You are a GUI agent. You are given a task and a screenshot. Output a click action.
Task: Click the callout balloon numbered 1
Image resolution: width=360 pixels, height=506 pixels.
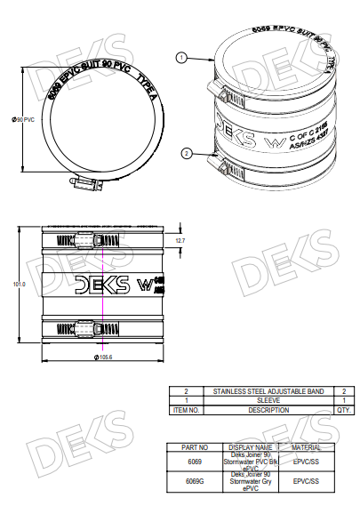pos(181,58)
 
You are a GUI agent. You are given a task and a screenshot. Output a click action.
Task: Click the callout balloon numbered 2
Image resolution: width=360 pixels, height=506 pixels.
pos(186,153)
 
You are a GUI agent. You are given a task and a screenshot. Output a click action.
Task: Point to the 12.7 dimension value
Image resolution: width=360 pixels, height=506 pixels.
pos(180,241)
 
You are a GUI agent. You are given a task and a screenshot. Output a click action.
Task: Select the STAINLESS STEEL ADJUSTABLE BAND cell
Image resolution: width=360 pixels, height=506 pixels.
pos(268,390)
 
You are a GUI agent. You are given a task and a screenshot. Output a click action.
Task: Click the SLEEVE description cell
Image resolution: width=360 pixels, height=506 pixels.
pos(268,400)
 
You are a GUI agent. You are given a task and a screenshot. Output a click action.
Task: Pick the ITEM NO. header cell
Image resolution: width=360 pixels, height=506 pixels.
pos(186,410)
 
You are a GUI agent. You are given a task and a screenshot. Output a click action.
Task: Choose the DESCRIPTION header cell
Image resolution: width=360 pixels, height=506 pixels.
pos(268,410)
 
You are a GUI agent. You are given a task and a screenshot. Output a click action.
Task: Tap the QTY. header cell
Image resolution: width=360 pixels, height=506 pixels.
pos(343,410)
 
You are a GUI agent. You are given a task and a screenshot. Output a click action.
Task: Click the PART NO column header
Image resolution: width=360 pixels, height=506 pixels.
pos(195,447)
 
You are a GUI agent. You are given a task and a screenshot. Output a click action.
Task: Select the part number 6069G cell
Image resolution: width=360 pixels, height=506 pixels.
pos(195,481)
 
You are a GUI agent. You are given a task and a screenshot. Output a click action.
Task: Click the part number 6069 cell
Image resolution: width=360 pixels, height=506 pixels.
pos(195,462)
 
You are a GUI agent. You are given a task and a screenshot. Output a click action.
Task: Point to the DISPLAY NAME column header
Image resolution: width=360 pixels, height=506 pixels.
pos(251,447)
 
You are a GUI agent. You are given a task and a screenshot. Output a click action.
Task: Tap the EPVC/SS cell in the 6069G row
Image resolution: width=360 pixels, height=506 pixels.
pos(307,481)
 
